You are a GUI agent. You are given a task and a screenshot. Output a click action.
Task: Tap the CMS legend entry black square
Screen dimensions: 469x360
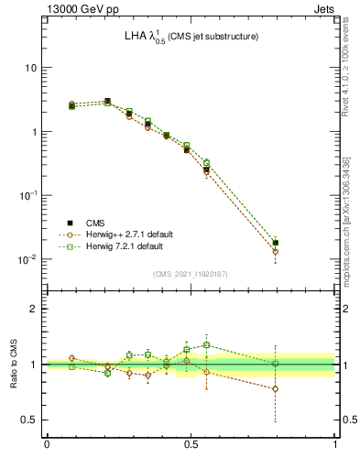pyautogui.click(x=71, y=223)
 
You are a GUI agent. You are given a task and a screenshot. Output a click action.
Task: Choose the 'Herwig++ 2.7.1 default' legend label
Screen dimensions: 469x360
pyautogui.click(x=136, y=234)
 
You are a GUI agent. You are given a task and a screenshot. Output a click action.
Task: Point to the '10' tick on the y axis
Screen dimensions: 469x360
pyautogui.click(x=30, y=69)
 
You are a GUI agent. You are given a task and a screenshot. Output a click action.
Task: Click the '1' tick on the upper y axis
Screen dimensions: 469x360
pyautogui.click(x=33, y=132)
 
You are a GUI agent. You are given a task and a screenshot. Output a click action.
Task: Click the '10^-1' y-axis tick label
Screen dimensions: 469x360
pyautogui.click(x=28, y=195)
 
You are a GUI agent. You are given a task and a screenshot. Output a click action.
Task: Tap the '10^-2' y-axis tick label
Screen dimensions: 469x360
pyautogui.click(x=28, y=259)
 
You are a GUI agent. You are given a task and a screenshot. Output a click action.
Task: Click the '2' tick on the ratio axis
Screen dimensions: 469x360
pyautogui.click(x=33, y=309)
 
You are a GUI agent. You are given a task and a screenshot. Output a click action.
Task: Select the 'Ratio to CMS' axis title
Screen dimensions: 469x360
pyautogui.click(x=13, y=365)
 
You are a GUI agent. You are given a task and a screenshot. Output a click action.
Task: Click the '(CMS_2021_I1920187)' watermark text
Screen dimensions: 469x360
pyautogui.click(x=191, y=274)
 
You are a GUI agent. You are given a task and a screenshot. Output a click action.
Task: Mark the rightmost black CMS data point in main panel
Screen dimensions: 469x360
pyautogui.click(x=276, y=243)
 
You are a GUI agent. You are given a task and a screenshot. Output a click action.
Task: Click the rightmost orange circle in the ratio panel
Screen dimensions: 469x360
pyautogui.click(x=276, y=388)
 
